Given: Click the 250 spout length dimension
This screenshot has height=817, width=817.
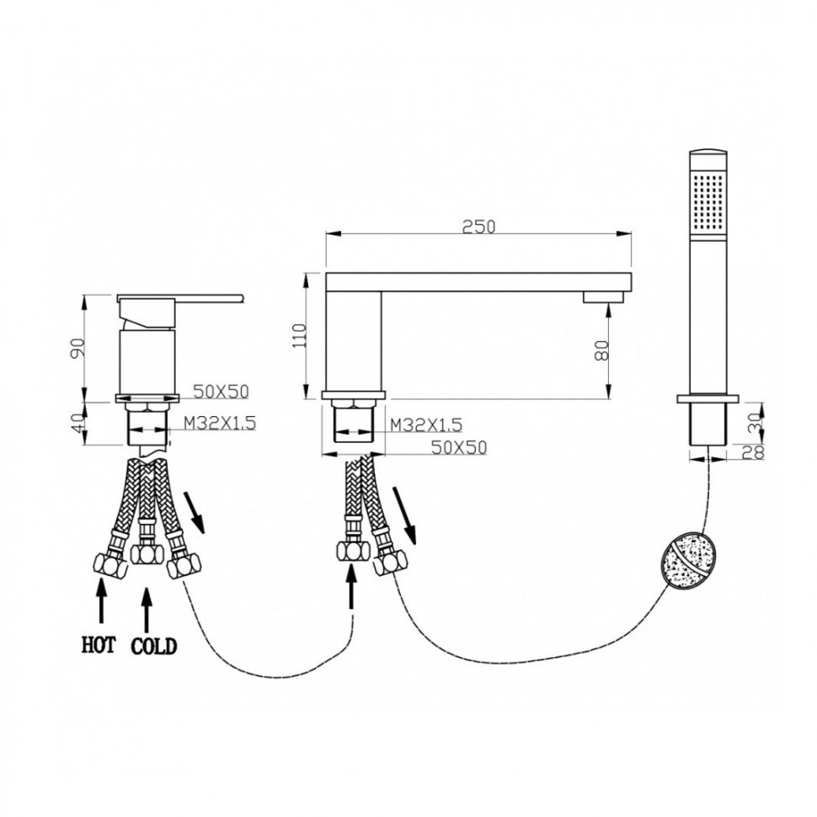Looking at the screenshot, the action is pyautogui.click(x=478, y=227).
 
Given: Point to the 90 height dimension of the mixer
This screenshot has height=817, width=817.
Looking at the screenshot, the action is pyautogui.click(x=77, y=348).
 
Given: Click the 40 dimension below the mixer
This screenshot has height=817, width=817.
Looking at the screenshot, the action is pyautogui.click(x=77, y=423).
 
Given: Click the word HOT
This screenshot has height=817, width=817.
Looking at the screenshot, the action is pyautogui.click(x=99, y=645).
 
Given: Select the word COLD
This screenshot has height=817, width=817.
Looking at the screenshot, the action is pyautogui.click(x=153, y=647).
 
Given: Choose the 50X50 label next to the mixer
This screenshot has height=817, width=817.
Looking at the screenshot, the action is pyautogui.click(x=222, y=392).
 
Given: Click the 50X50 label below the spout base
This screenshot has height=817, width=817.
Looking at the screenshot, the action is pyautogui.click(x=459, y=447).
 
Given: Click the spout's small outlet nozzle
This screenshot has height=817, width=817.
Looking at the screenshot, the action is pyautogui.click(x=603, y=297).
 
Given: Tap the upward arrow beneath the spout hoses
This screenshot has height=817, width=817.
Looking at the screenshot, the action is pyautogui.click(x=353, y=586).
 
